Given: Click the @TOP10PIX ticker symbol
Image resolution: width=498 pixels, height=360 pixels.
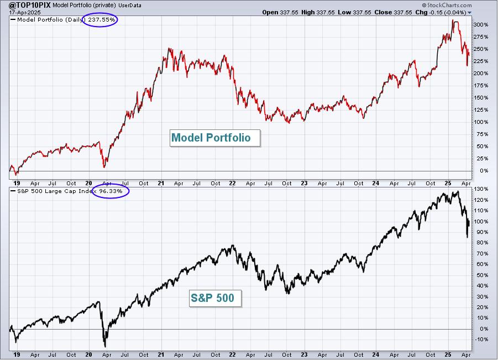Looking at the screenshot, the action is click(29, 5).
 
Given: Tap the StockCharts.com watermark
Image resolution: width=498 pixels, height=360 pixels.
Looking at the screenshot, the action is click(447, 5).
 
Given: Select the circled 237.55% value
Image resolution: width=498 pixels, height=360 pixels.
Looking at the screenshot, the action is click(101, 20).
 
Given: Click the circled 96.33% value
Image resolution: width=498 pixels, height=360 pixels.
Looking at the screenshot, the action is click(111, 191).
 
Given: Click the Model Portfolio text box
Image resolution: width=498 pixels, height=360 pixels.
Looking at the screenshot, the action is click(215, 138).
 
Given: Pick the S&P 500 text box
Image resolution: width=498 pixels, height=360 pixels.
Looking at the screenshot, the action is click(215, 298).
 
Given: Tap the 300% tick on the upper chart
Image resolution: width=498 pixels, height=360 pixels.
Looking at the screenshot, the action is click(481, 25).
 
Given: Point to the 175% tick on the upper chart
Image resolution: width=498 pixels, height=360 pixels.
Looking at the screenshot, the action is click(481, 86).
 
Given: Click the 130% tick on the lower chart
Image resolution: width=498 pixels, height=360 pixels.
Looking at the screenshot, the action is click(481, 189).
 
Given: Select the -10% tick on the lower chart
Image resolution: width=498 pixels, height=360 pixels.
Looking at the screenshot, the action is click(481, 340).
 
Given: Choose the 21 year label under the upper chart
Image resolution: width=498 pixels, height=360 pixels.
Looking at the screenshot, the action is click(161, 184).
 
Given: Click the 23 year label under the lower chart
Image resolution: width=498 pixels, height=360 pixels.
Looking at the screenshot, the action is click(304, 354).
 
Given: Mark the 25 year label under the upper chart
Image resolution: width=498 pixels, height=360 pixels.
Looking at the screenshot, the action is click(448, 184).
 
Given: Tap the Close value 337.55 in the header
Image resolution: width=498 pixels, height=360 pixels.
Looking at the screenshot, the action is click(403, 12).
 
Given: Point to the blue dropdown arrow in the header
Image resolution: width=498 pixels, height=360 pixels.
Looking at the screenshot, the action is click(470, 13).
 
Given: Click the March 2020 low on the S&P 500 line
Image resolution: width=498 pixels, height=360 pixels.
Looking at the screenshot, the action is click(105, 346).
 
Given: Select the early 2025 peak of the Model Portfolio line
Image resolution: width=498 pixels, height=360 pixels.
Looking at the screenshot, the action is click(453, 20).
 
